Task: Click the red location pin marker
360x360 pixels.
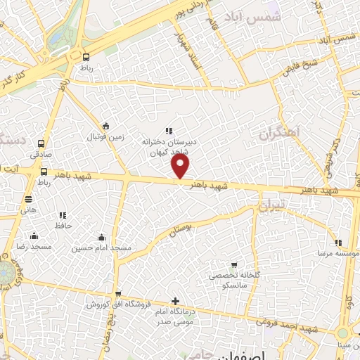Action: (181, 166)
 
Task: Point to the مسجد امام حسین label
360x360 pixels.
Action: (102, 248)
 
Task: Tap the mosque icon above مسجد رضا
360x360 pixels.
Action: (34, 236)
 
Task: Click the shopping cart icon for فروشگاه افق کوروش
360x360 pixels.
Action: (118, 295)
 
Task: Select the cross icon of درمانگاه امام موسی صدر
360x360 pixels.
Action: (175, 302)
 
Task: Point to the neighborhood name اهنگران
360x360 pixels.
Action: (278, 133)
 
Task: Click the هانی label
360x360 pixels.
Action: (29, 210)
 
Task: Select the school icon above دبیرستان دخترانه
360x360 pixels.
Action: (168, 130)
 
